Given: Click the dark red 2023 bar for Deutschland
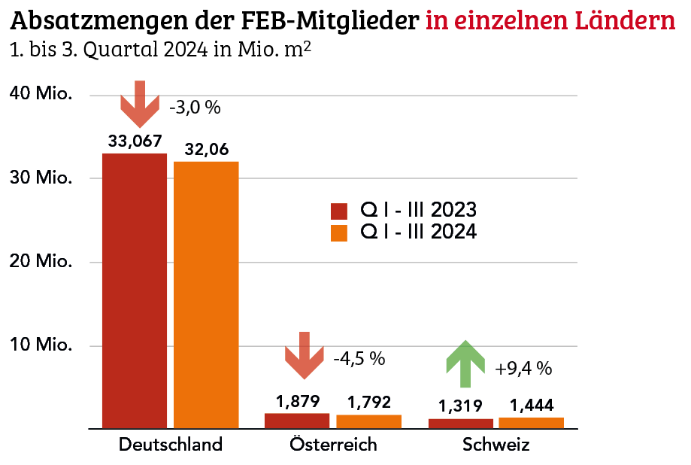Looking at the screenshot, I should (x=135, y=290).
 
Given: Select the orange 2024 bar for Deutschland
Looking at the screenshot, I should (x=206, y=294).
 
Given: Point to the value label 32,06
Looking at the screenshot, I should (x=206, y=149).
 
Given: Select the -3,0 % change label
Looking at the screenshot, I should (x=195, y=108).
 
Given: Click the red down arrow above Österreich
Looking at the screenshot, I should (x=304, y=356).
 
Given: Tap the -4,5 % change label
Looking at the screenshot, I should (x=359, y=359).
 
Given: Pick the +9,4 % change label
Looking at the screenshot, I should (x=524, y=369).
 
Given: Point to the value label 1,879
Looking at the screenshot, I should (x=298, y=401).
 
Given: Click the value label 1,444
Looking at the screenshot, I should (x=531, y=406).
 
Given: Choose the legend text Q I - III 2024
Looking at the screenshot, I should (x=418, y=232).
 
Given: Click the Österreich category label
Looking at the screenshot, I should (x=333, y=445).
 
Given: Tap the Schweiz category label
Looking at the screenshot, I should (x=496, y=445).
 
